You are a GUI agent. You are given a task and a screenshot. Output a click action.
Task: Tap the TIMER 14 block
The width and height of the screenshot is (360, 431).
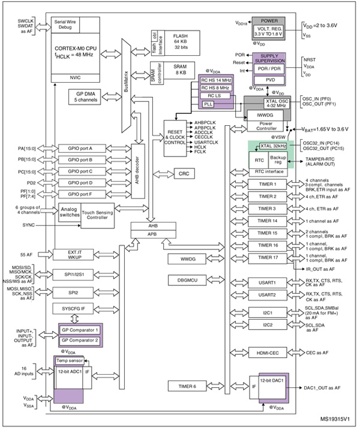[x=266, y=221]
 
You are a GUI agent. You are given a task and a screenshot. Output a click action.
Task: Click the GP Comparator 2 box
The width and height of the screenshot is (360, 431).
[x=79, y=340]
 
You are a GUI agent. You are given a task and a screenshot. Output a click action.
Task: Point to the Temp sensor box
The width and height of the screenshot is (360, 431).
[x=69, y=361]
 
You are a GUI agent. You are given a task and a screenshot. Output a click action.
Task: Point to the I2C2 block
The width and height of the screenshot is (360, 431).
[x=266, y=325]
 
